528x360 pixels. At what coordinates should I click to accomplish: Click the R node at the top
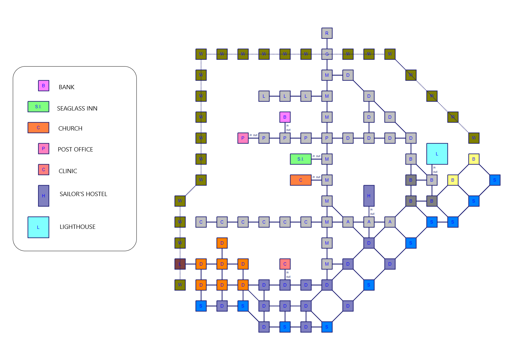327,33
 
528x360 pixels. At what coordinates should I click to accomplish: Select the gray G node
327,54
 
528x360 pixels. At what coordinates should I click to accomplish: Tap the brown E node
180,264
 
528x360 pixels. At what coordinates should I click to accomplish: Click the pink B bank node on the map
285,117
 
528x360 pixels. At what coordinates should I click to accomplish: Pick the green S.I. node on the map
300,159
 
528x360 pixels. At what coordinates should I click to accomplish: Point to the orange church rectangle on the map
300,180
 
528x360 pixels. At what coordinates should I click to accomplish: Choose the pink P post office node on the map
243,138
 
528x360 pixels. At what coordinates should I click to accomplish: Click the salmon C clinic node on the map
285,264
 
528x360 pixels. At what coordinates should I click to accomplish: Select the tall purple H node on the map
369,196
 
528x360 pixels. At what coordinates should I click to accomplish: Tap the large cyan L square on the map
437,154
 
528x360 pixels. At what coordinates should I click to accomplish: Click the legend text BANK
67,87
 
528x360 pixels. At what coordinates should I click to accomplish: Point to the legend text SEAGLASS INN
77,109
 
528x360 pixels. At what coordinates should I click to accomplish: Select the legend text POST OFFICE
75,150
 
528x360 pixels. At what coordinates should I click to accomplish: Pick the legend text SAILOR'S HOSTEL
83,194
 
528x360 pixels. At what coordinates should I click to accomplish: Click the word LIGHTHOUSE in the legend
77,227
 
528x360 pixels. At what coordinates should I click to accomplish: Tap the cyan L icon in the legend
38,227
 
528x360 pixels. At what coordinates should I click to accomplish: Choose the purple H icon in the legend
44,196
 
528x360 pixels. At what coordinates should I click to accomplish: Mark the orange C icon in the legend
38,128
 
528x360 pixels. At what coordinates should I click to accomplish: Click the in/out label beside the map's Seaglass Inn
316,156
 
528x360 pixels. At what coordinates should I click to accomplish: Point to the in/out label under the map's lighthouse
435,170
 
